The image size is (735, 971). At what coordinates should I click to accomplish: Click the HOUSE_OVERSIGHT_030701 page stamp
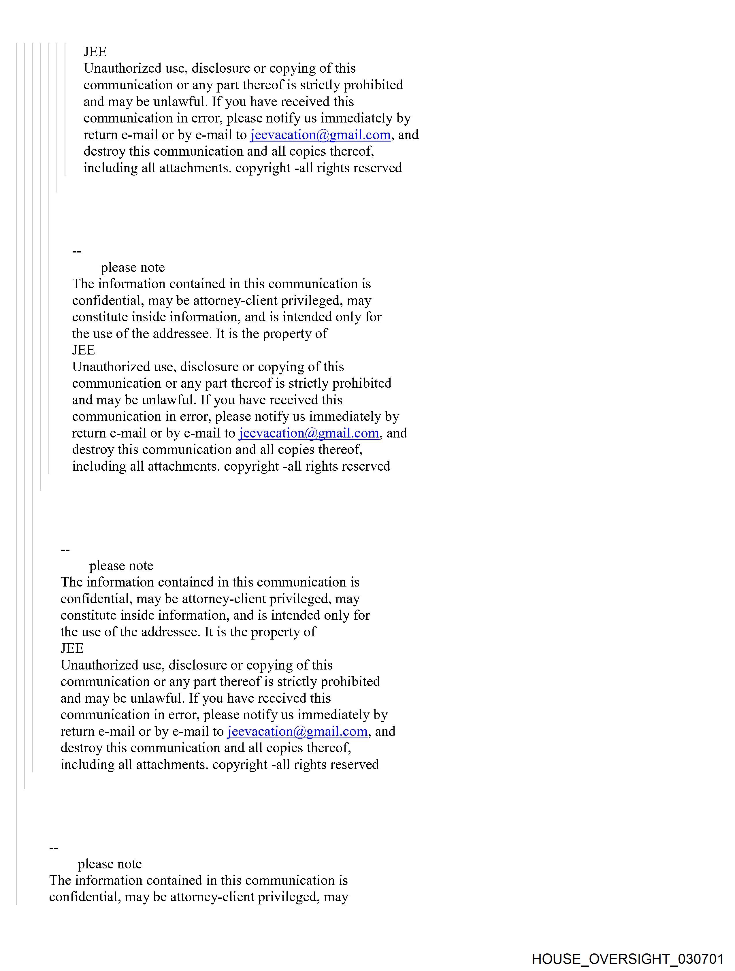click(x=627, y=958)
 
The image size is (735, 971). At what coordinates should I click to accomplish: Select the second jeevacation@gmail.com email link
click(x=309, y=433)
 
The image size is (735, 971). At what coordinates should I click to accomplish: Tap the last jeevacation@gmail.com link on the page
click(x=297, y=731)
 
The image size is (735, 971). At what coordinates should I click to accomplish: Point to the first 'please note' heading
click(x=133, y=267)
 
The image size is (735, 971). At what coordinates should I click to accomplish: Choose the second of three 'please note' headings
click(x=121, y=565)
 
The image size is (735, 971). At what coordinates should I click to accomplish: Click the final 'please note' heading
click(x=110, y=864)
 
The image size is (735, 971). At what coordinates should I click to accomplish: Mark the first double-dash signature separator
click(x=77, y=251)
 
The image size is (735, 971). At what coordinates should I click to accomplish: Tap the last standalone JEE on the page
click(x=72, y=648)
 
